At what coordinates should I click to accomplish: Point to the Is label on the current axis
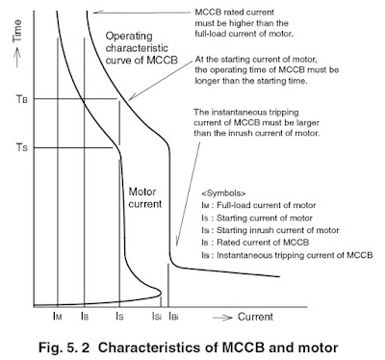click(x=118, y=315)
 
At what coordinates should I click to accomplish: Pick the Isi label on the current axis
click(x=156, y=315)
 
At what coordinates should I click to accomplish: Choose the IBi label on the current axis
click(x=174, y=315)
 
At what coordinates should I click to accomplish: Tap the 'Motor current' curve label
click(x=146, y=197)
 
